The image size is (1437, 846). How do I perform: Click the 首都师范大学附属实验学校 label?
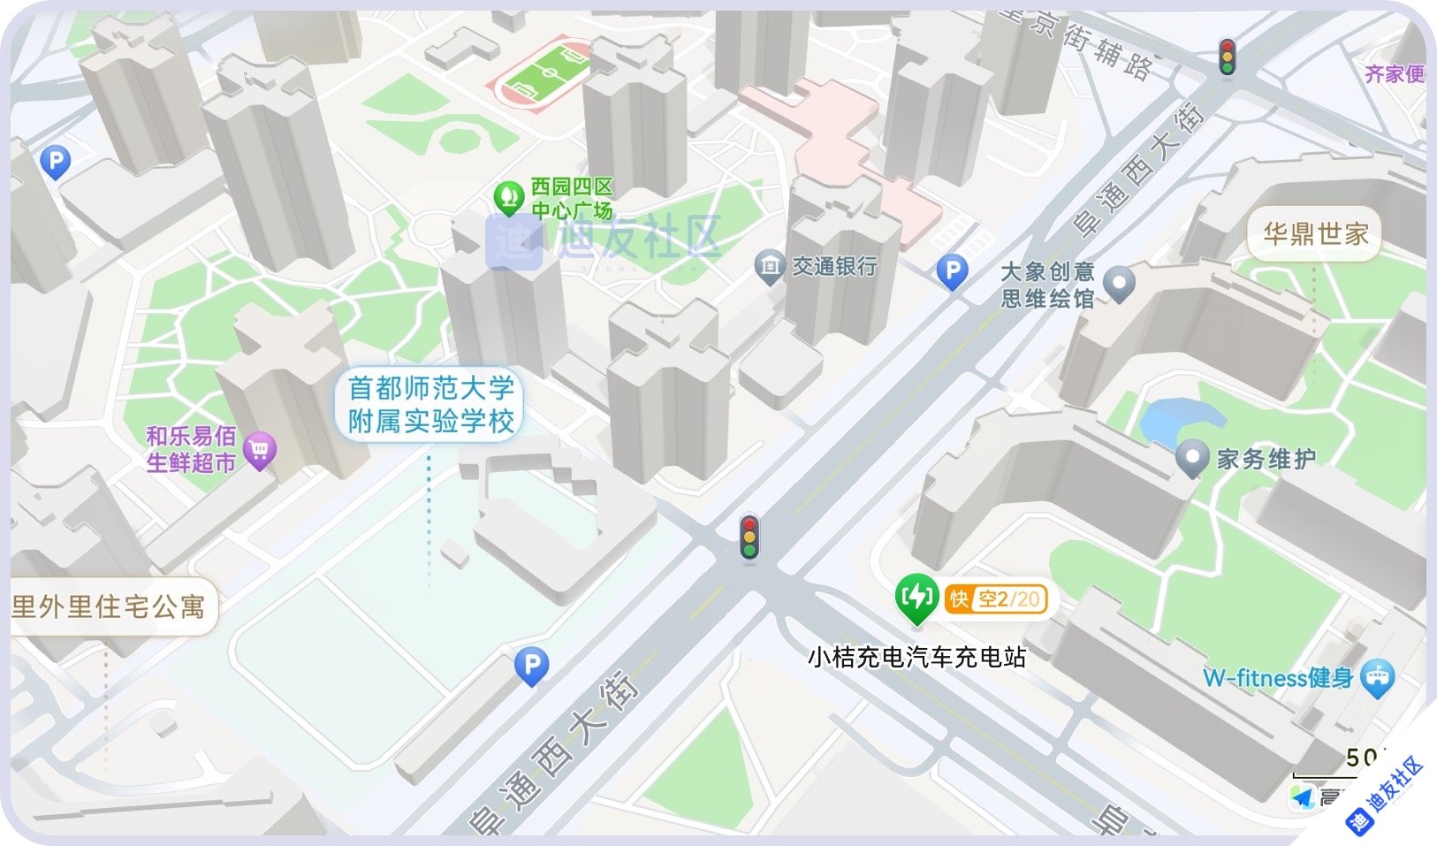[x=430, y=404]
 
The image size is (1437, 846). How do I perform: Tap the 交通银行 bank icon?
[x=770, y=266]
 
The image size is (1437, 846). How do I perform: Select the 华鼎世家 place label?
[x=1315, y=233]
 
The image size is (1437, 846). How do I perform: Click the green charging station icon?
[x=916, y=598]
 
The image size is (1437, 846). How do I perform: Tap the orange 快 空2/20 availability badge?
[x=996, y=598]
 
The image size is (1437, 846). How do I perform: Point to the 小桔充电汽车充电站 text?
[x=916, y=657]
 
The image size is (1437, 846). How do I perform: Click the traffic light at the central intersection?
[x=749, y=537]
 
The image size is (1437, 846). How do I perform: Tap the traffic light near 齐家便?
[x=1227, y=57]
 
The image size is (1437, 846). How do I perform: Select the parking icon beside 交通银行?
[x=952, y=271]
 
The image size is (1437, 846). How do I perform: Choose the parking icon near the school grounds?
[x=531, y=665]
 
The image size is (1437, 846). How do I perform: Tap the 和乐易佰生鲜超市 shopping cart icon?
[x=259, y=451]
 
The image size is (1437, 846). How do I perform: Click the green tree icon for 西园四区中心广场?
[x=508, y=196]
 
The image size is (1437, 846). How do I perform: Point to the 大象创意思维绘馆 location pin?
[x=1120, y=283]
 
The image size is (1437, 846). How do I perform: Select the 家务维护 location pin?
[x=1192, y=458]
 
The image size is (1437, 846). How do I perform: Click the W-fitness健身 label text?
[x=1277, y=678]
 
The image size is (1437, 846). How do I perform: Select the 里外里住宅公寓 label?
[x=109, y=606]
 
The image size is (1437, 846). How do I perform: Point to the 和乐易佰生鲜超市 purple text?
[x=191, y=449]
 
